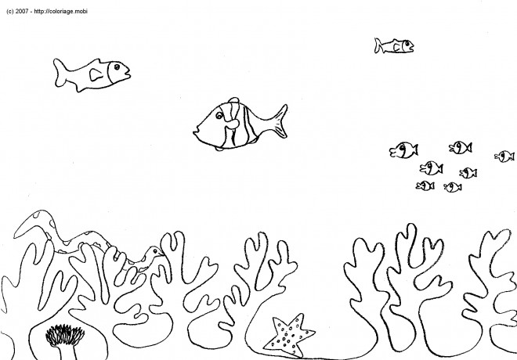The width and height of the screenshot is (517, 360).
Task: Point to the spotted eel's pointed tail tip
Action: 15,236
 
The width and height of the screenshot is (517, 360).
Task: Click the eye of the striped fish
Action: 219,115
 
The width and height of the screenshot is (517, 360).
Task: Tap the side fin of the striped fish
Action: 232,124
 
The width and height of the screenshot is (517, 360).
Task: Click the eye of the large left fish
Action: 117,67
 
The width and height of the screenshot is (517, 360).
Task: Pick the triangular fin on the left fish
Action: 96,75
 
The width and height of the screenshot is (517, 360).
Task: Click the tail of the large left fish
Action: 61,73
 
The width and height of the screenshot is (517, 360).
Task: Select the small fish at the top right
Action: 394,45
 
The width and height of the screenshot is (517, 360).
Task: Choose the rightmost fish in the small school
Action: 504,156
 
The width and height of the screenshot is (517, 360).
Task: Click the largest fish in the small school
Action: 404,149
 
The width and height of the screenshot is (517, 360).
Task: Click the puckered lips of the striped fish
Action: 196,132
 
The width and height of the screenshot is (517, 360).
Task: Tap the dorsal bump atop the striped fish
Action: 233,100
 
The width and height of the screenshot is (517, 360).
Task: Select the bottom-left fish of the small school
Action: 425,185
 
